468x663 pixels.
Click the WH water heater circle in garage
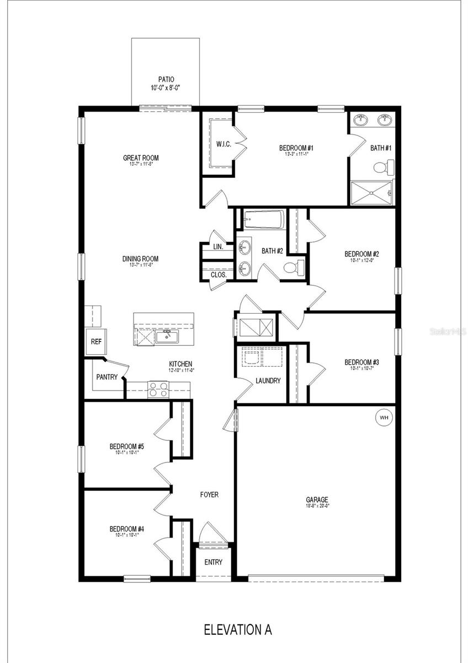click(384, 418)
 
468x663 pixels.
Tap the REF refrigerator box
click(95, 341)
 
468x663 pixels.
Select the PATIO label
click(166, 80)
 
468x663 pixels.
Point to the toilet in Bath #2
click(293, 268)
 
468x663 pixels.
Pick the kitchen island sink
click(165, 336)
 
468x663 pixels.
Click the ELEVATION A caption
click(238, 629)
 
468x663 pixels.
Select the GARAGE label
click(318, 499)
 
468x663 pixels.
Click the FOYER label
click(209, 494)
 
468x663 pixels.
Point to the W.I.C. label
click(224, 144)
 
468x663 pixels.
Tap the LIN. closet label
click(218, 247)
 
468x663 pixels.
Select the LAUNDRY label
click(268, 381)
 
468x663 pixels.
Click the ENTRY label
click(213, 562)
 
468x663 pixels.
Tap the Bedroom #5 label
click(126, 446)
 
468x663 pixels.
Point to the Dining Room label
click(140, 259)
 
